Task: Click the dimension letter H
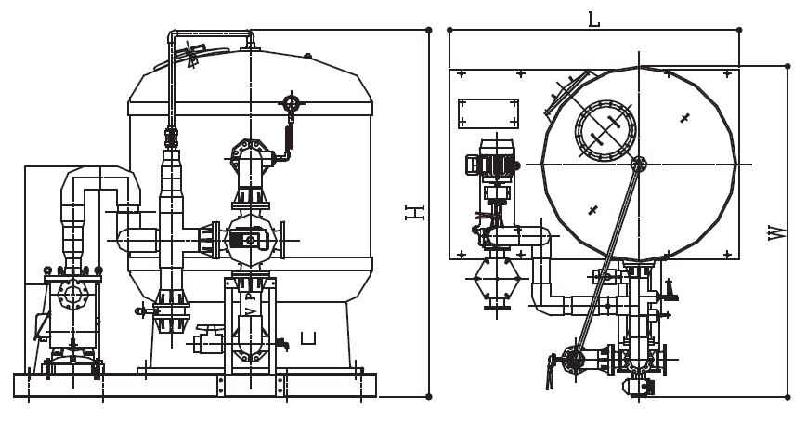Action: (414, 212)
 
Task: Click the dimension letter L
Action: (593, 20)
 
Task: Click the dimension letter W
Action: (777, 232)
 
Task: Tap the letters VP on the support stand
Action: (250, 304)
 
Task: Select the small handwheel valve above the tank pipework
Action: (291, 103)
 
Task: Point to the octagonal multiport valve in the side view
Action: (250, 240)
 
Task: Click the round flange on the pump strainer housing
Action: (72, 295)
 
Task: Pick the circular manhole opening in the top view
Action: (605, 130)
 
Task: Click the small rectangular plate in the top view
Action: (488, 114)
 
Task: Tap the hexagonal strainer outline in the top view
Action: (497, 279)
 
